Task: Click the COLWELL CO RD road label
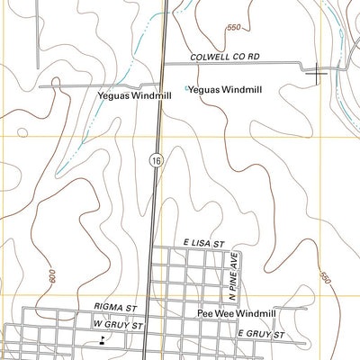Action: pyautogui.click(x=224, y=57)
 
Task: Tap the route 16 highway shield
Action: pyautogui.click(x=157, y=158)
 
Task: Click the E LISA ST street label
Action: pyautogui.click(x=200, y=243)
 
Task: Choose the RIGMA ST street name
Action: pyautogui.click(x=113, y=307)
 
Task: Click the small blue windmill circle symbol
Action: pyautogui.click(x=186, y=88)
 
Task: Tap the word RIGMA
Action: pyautogui.click(x=106, y=307)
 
